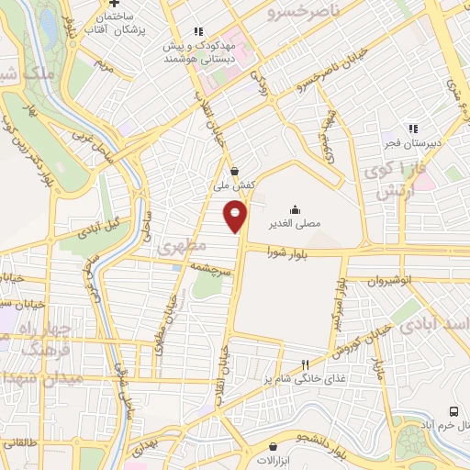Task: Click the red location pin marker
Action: click(x=236, y=216)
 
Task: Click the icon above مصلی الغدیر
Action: click(x=295, y=207)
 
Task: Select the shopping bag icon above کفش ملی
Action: click(x=235, y=171)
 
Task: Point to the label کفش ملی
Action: click(x=235, y=185)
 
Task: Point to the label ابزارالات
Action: click(x=273, y=459)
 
